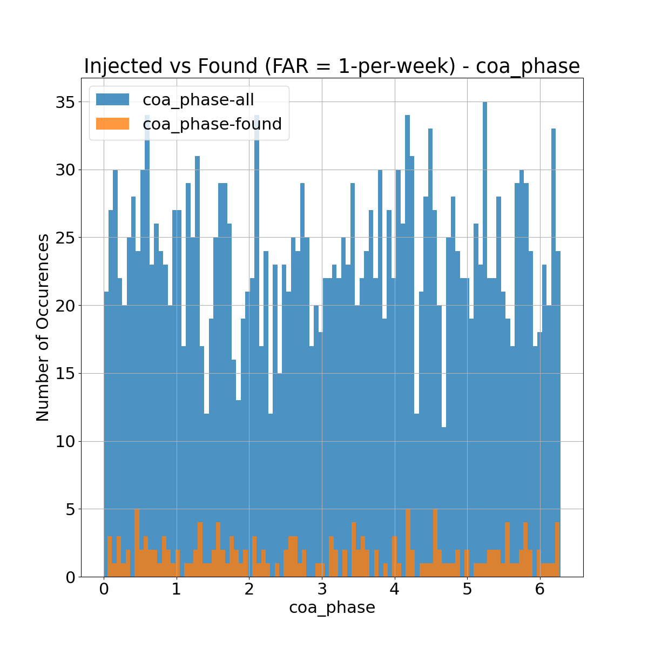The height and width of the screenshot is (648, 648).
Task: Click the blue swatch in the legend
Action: point(112,99)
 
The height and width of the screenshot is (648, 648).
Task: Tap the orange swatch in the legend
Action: point(112,124)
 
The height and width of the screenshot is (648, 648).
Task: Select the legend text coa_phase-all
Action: point(198,99)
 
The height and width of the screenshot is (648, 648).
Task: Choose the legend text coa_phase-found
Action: point(212,124)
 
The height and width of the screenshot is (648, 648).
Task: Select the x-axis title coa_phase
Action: point(332,607)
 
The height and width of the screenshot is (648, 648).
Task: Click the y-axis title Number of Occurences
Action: point(43,327)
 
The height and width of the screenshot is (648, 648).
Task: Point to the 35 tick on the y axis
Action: point(64,102)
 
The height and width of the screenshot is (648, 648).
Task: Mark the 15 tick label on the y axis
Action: point(64,374)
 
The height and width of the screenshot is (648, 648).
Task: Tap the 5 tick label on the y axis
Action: point(70,509)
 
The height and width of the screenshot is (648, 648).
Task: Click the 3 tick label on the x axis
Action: point(322,589)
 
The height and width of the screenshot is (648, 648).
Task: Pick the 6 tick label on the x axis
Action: point(540,589)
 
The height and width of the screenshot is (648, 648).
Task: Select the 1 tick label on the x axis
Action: point(177,589)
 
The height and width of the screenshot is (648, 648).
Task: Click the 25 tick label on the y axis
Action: point(64,238)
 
